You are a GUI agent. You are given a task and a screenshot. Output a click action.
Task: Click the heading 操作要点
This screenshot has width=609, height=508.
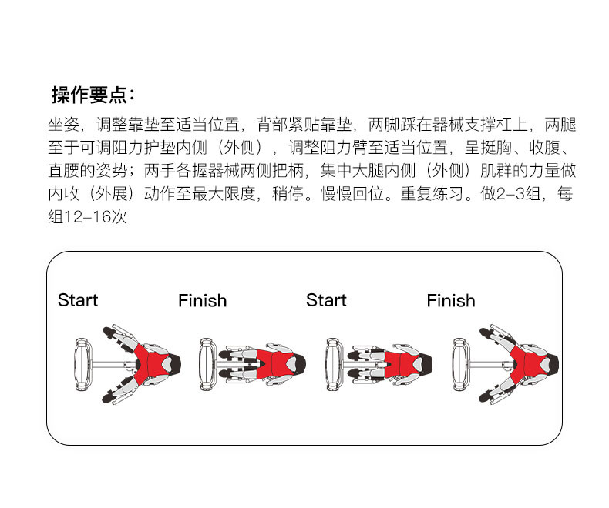[93, 95]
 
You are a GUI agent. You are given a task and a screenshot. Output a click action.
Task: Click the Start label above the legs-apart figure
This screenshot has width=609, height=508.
[78, 300]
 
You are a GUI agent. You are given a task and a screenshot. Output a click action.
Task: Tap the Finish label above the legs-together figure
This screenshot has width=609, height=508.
[202, 300]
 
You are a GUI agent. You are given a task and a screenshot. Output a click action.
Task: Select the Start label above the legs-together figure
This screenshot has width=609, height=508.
[326, 300]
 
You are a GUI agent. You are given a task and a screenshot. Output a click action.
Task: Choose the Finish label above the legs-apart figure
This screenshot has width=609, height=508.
[451, 300]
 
